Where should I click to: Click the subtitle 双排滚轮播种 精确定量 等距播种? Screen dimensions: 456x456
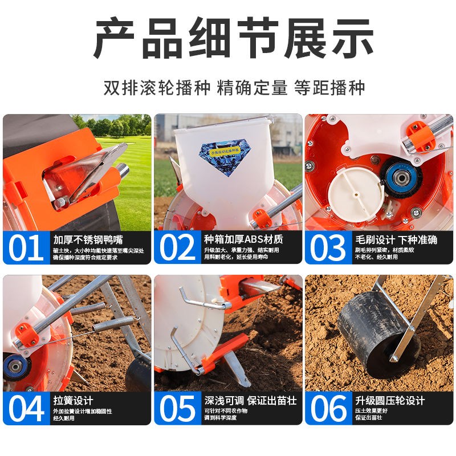pos(228,88)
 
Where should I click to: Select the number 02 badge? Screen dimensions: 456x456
pos(177,247)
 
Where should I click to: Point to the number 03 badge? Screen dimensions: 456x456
pos(328,247)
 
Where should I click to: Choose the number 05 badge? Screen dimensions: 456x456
pos(177,408)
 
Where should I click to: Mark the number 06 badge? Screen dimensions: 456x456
pos(328,408)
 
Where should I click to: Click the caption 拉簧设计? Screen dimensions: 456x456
pos(73,400)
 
